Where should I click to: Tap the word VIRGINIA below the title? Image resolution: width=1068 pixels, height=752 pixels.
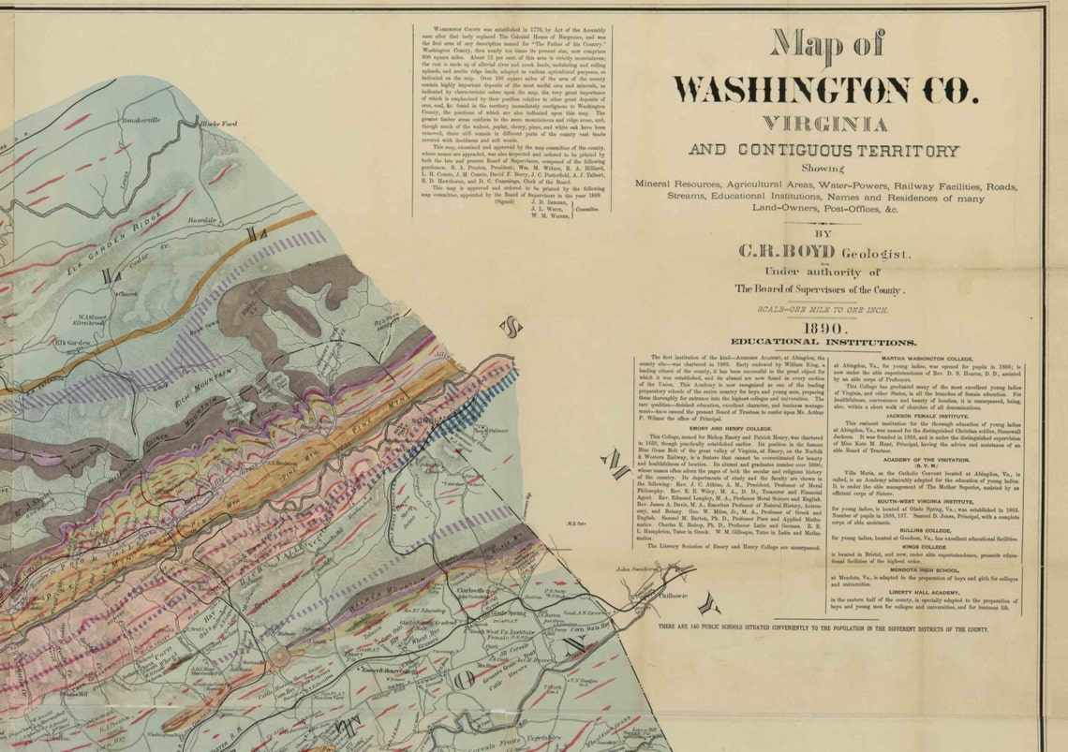(x=823, y=123)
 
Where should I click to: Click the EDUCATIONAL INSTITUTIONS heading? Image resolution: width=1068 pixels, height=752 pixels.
(x=823, y=343)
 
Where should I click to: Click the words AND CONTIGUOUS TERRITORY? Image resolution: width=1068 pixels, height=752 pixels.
(x=823, y=150)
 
